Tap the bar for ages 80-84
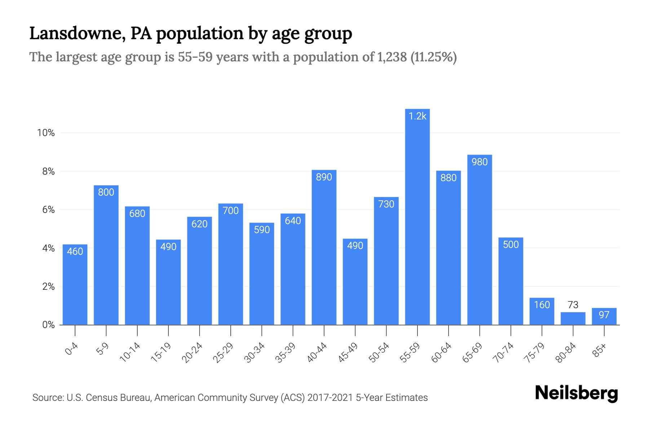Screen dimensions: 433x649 [x=573, y=319]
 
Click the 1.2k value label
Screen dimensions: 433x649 [x=417, y=116]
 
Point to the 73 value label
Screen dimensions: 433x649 [x=573, y=305]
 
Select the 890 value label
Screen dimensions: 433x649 [x=324, y=177]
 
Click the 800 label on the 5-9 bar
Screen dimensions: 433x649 [x=106, y=192]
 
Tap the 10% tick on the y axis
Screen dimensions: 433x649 [x=46, y=133]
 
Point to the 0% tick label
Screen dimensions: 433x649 [x=48, y=325]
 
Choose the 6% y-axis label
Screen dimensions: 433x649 [x=48, y=210]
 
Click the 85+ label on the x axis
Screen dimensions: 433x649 [x=600, y=350]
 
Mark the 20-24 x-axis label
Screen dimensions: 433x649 [x=192, y=353]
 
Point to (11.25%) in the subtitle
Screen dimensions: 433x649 [x=434, y=57]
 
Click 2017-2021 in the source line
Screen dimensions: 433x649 [x=330, y=398]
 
